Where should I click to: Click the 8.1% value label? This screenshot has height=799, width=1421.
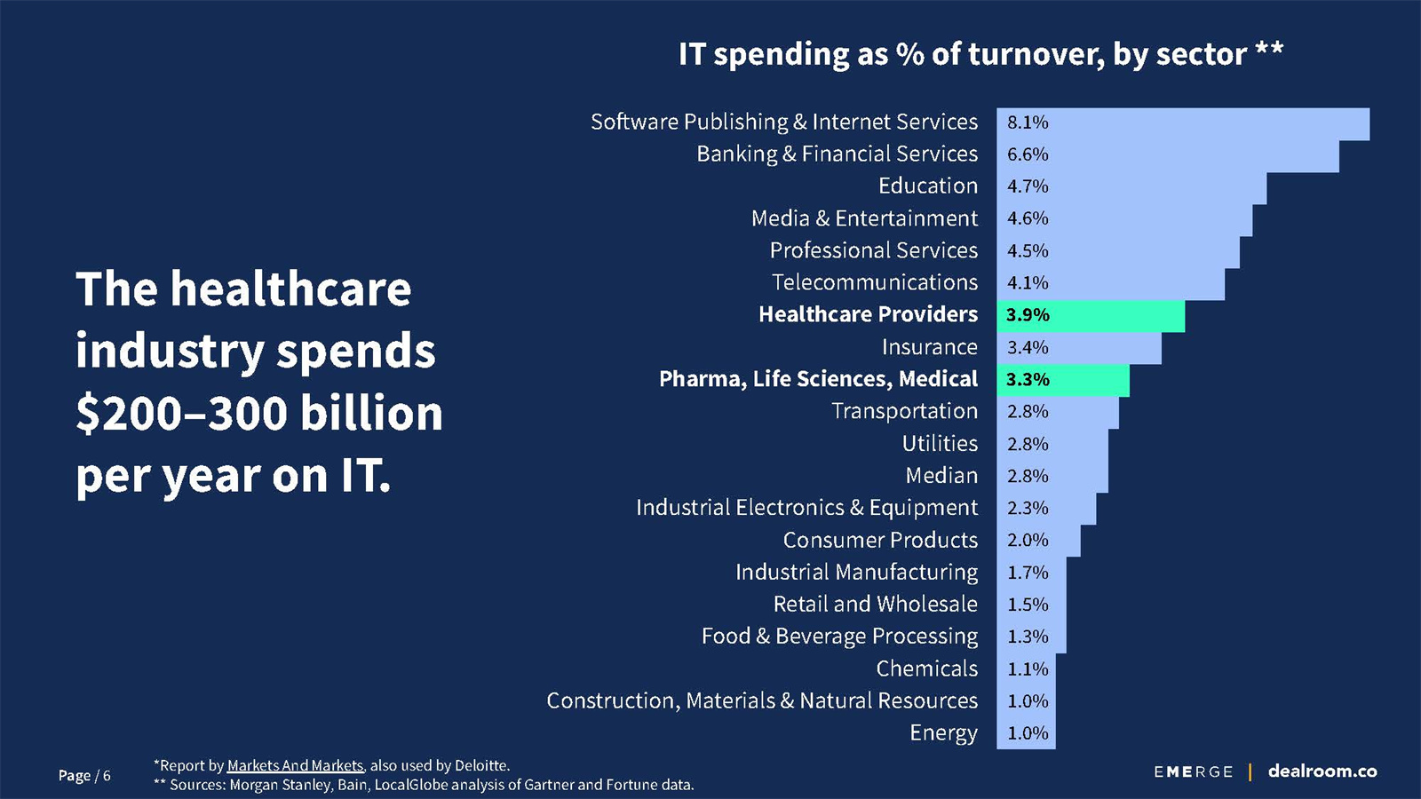[x=1028, y=123]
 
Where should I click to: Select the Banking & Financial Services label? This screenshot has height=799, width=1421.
[x=837, y=154]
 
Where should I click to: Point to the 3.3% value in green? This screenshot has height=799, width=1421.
[x=1028, y=380]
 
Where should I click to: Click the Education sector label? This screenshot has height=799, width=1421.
[x=927, y=186]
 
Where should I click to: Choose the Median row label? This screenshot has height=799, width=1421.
[x=941, y=476]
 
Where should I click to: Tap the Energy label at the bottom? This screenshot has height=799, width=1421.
[x=943, y=733]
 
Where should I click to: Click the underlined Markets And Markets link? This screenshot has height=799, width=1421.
[x=295, y=765]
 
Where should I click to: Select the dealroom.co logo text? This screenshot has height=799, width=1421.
[x=1322, y=771]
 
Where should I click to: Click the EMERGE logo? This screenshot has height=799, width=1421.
[x=1194, y=772]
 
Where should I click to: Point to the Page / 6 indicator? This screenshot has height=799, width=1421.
[x=84, y=776]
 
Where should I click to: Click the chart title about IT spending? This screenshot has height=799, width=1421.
[x=980, y=54]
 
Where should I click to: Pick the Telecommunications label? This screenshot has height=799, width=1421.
[x=874, y=282]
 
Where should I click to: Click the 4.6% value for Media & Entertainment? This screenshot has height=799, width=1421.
[x=1028, y=218]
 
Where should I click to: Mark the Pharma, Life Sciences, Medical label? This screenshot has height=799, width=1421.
[x=818, y=379]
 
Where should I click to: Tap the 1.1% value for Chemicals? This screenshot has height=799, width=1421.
[x=1028, y=669]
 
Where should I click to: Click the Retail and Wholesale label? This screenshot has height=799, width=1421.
[x=875, y=605]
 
